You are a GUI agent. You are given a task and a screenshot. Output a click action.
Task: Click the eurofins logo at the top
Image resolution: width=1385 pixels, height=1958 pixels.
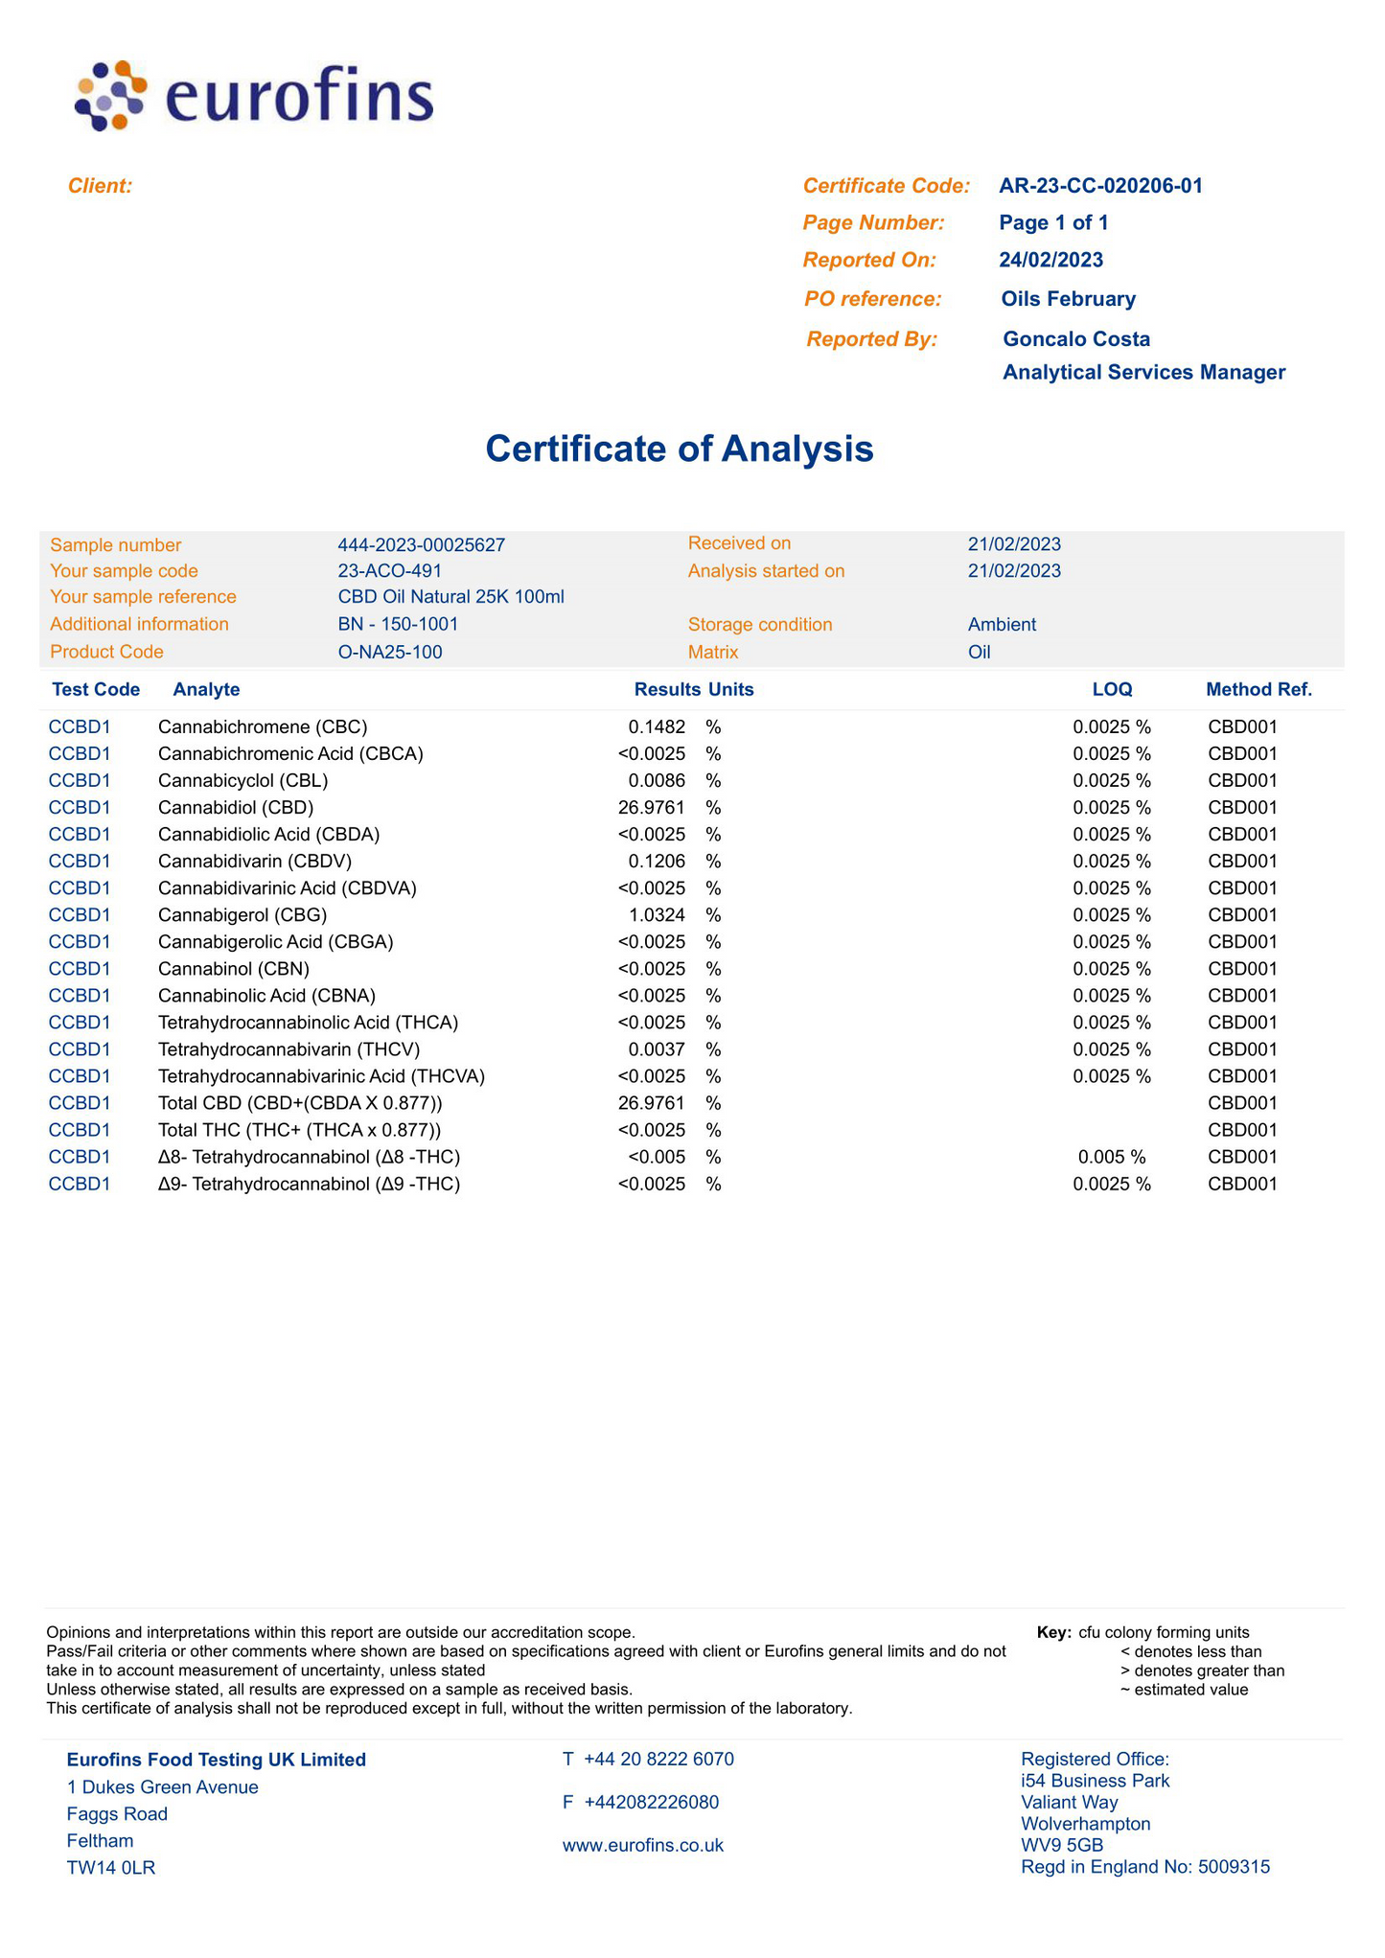(x=254, y=96)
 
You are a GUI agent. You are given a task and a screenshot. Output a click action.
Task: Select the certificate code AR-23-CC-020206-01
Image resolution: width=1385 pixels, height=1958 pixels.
(x=1100, y=186)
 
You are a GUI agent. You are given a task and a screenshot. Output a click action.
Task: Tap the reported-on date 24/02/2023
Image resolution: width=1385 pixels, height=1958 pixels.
(x=1050, y=260)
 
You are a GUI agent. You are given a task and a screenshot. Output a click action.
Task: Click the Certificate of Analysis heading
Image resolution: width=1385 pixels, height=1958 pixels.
(x=680, y=449)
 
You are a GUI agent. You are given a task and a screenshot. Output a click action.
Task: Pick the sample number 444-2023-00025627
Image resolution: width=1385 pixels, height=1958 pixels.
(x=422, y=545)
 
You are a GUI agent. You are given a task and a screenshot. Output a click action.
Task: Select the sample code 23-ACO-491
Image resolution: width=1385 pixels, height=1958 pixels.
(x=390, y=571)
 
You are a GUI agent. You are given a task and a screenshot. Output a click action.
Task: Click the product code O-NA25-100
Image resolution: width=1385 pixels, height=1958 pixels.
(x=390, y=653)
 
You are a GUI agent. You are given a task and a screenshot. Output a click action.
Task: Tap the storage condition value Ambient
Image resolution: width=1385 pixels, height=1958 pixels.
(x=1002, y=625)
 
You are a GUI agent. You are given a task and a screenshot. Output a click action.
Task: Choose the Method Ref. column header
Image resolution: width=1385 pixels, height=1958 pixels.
(x=1258, y=689)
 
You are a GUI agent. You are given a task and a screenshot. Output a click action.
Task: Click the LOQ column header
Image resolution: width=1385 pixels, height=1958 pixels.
(x=1112, y=689)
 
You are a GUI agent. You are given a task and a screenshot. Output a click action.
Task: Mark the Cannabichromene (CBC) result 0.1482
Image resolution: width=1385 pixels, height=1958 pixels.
(x=657, y=727)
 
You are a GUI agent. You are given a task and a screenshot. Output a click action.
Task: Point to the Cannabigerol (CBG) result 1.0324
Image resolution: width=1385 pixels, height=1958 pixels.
(x=657, y=915)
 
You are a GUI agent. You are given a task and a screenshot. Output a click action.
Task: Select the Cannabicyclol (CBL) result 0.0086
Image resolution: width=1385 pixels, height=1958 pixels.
(x=657, y=781)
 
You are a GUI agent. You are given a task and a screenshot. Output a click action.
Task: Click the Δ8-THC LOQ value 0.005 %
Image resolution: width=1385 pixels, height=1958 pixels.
(x=1112, y=1157)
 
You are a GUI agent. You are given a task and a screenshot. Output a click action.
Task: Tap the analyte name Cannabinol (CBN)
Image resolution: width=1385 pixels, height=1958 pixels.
(x=234, y=969)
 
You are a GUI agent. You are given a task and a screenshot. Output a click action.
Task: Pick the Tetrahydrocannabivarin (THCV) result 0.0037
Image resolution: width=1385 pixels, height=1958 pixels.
(x=657, y=1049)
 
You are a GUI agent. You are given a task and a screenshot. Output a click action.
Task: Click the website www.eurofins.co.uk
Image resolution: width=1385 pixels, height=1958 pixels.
(x=643, y=1845)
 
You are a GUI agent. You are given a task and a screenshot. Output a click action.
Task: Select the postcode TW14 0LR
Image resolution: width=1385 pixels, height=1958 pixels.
(x=111, y=1867)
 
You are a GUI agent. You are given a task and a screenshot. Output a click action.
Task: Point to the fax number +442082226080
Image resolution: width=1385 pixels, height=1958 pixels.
(x=652, y=1802)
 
